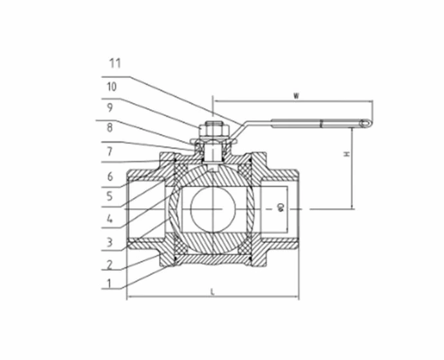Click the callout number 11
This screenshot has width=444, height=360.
click(x=115, y=64)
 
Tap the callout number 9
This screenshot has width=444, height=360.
click(x=110, y=107)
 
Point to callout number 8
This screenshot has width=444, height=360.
click(x=110, y=128)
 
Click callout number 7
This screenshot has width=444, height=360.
click(x=110, y=152)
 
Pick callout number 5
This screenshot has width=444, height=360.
click(x=110, y=197)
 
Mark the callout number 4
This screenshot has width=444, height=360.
click(x=110, y=219)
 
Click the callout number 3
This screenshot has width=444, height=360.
click(x=110, y=242)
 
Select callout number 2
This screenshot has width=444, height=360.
click(x=110, y=264)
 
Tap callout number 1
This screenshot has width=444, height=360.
click(x=110, y=283)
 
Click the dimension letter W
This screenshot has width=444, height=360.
click(x=295, y=96)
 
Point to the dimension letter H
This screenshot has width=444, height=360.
click(x=346, y=155)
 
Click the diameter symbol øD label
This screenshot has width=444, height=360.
click(x=281, y=207)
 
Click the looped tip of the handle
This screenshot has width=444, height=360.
click(x=365, y=123)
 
